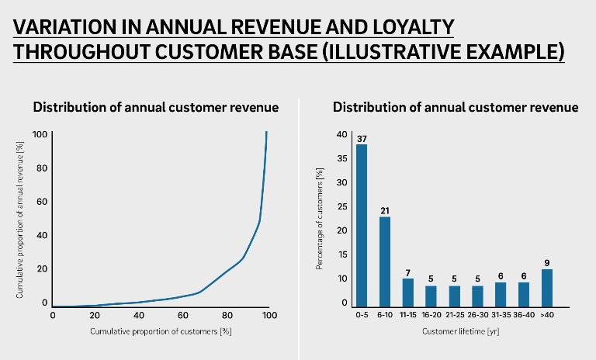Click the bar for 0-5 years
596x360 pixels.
coord(361,225)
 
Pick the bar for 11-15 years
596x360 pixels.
coord(408,292)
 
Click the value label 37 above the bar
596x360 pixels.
coord(362,138)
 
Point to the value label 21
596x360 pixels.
coord(385,210)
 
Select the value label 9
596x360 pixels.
coord(546,263)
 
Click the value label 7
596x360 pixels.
coord(408,272)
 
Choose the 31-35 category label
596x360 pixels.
coord(501,315)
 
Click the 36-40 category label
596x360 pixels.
coord(524,315)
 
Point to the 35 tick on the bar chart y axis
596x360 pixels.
coord(342,158)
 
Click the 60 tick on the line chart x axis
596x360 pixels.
coord(183,315)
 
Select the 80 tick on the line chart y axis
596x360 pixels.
coord(43,168)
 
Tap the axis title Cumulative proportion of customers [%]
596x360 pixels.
coord(161,331)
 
